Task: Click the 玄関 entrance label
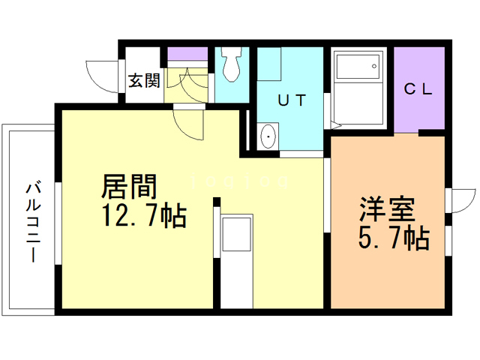point(142,79)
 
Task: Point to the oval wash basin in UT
point(268,137)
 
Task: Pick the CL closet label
point(418,89)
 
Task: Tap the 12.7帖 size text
point(143,217)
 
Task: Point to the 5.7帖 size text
point(392,239)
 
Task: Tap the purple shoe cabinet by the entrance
point(187,57)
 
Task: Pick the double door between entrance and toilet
point(187,80)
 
